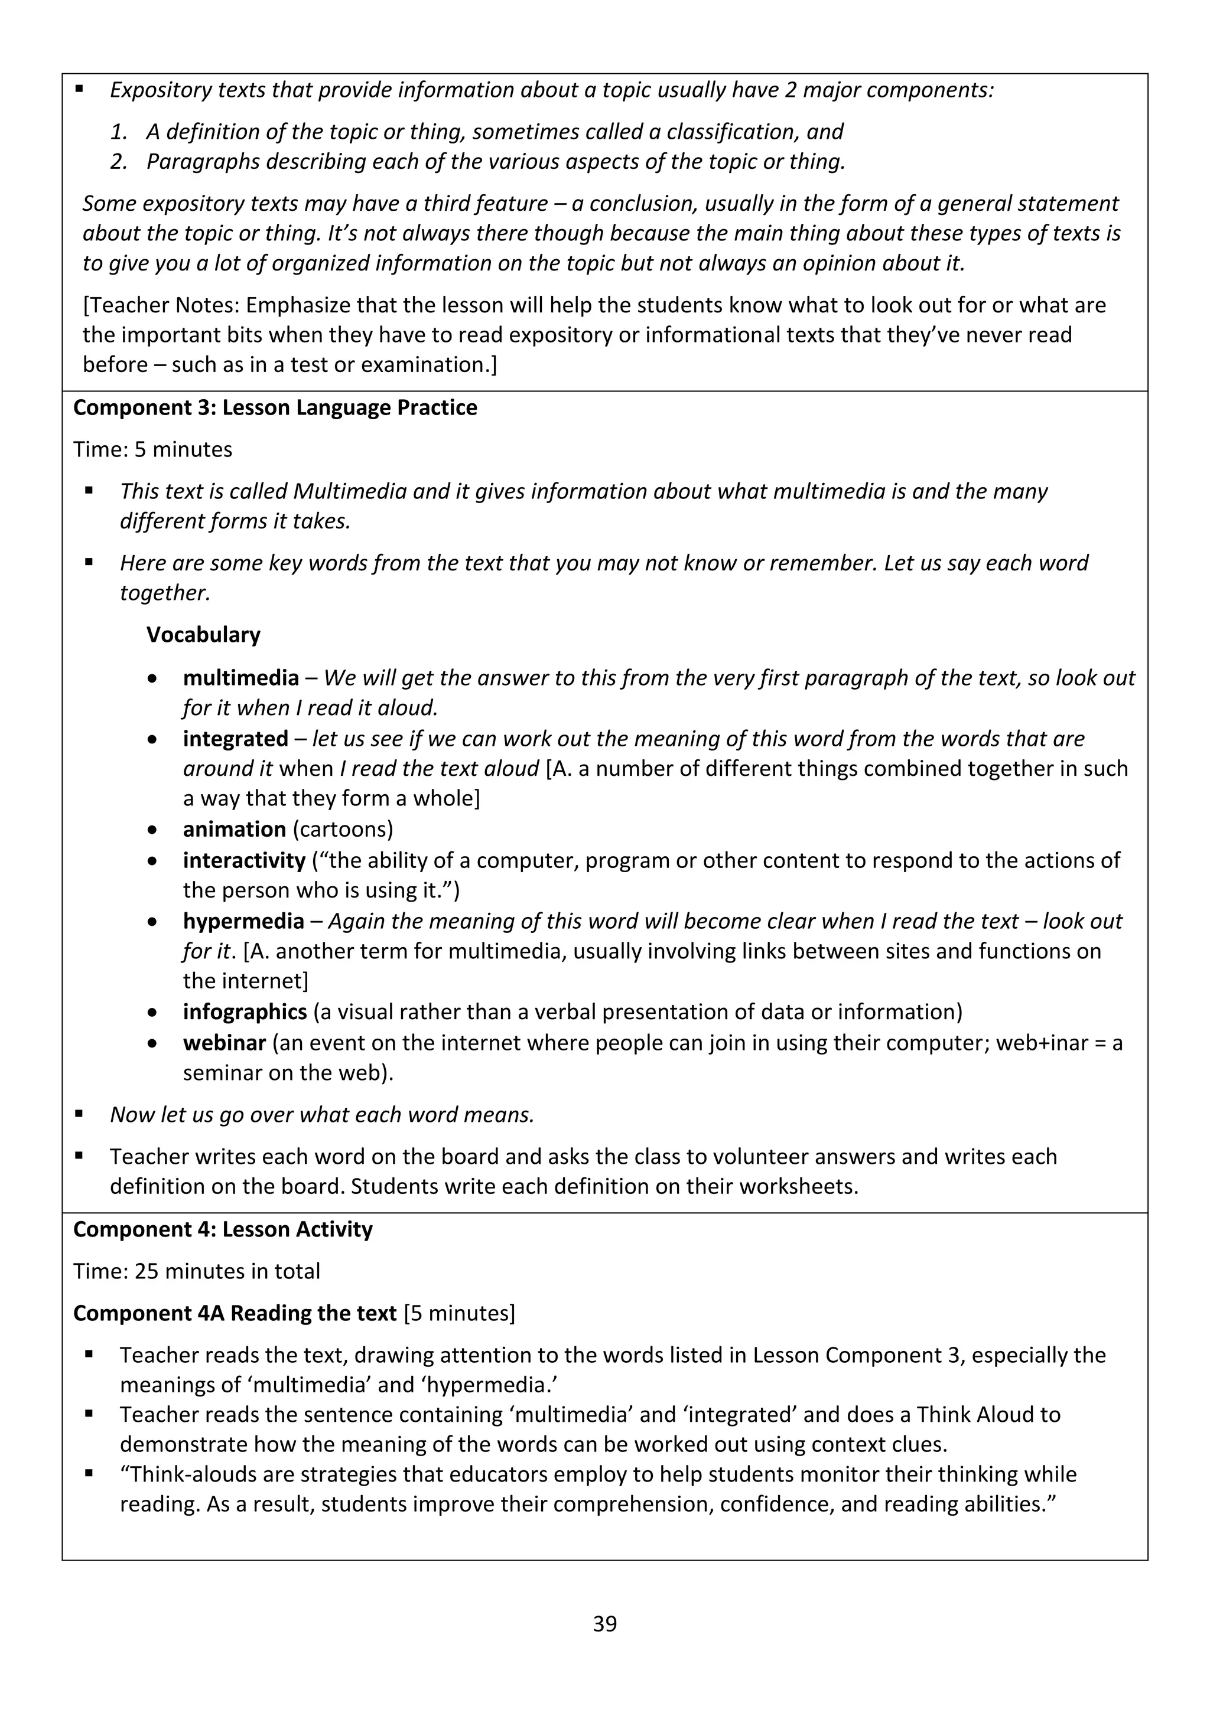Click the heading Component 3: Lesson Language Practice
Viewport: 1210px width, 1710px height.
tap(275, 407)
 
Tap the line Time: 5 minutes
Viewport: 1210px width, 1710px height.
tap(153, 449)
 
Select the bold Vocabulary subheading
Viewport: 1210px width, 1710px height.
tap(203, 635)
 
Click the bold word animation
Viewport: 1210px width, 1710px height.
tap(234, 829)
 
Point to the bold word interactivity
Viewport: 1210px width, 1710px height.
tap(243, 860)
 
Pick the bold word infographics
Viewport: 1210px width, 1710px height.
tap(245, 1011)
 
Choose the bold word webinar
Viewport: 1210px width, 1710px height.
tap(225, 1042)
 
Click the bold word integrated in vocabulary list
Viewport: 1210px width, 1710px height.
tap(236, 738)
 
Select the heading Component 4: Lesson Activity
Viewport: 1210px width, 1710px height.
tap(223, 1229)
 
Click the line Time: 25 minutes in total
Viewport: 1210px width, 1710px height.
tap(197, 1271)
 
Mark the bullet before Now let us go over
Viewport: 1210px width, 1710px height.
tap(79, 1114)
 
